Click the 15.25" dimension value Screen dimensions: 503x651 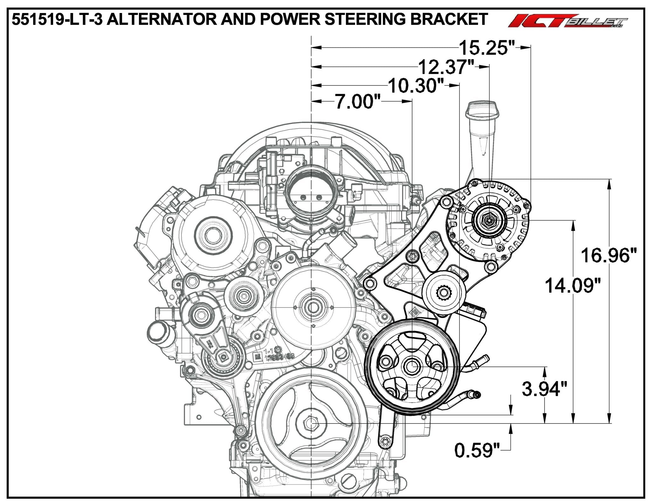[x=487, y=48]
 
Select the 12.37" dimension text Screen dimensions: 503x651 [x=446, y=67]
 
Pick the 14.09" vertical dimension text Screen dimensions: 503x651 [x=573, y=285]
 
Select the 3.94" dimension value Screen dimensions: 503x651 [x=545, y=389]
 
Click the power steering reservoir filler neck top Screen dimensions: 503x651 [x=482, y=106]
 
